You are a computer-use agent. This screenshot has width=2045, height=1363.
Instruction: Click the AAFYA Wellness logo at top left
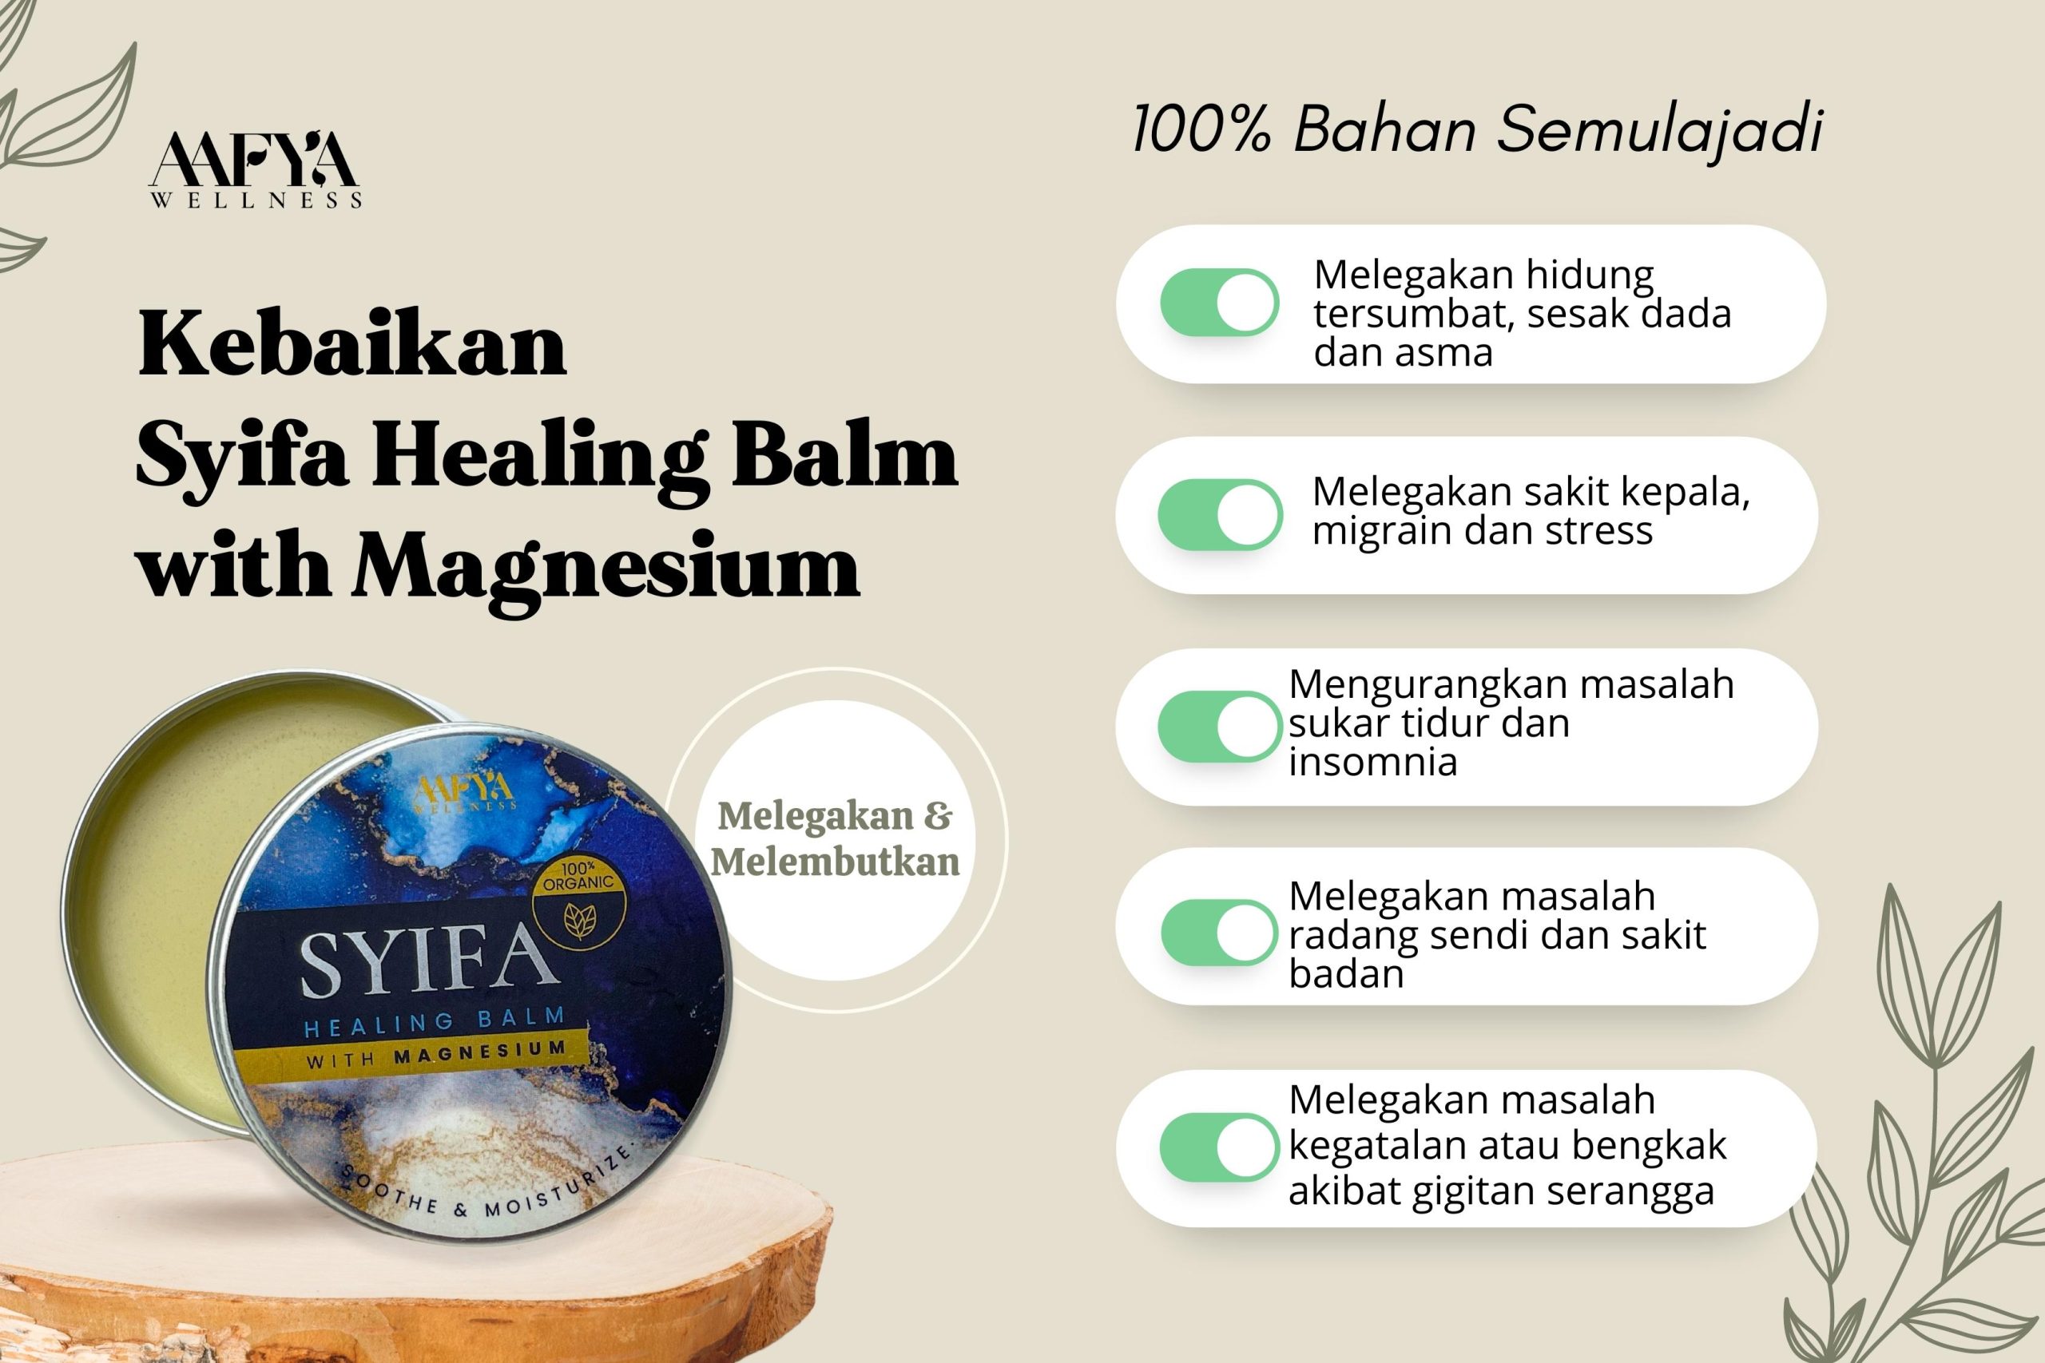256,170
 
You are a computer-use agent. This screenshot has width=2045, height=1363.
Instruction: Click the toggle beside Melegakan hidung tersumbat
1219,303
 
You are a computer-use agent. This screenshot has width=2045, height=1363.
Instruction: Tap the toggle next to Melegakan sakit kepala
1219,514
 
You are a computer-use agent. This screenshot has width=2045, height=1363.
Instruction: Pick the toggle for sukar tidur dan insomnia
1219,727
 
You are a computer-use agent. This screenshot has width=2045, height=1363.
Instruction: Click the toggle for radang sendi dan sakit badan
1219,932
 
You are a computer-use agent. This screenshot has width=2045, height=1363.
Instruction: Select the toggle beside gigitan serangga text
1219,1147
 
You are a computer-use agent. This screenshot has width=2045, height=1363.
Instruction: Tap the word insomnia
1373,762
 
